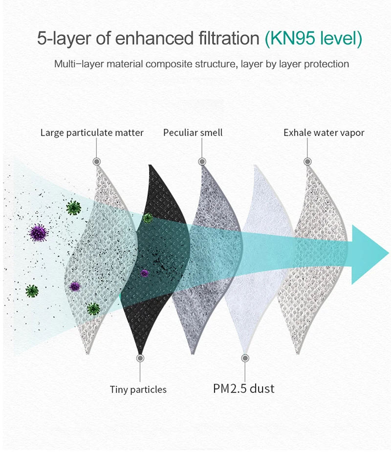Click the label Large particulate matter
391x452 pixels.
point(92,132)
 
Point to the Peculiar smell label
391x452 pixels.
point(193,132)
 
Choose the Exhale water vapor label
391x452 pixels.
point(324,132)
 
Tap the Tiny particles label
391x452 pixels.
point(138,389)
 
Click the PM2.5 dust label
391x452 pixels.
point(243,388)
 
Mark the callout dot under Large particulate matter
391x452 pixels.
point(97,161)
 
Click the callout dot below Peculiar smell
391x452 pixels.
point(202,161)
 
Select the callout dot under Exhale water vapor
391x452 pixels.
point(307,161)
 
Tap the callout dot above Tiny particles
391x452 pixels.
point(140,358)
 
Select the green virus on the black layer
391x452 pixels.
point(147,218)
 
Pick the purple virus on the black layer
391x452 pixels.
point(144,273)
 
